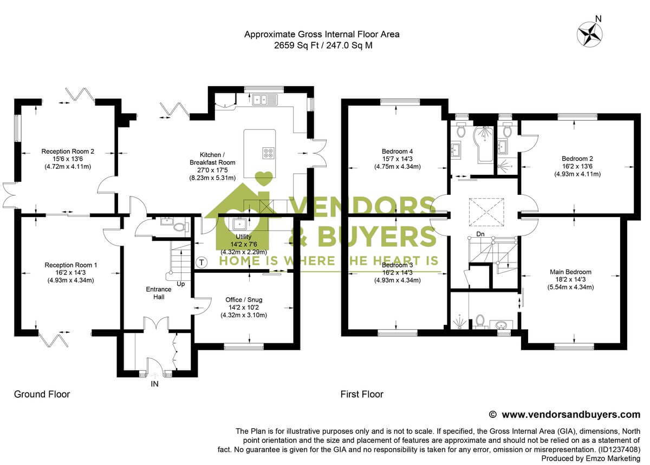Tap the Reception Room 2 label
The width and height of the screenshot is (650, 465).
tap(68, 159)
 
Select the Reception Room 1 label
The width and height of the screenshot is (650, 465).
tap(71, 272)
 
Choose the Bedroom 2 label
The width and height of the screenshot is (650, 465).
tap(577, 166)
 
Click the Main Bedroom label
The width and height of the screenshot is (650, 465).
tap(570, 279)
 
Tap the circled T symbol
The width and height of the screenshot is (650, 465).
tap(202, 263)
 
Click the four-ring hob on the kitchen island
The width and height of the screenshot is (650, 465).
tap(268, 153)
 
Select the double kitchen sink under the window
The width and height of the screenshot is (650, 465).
tap(265, 99)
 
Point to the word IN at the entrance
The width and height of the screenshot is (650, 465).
tap(155, 384)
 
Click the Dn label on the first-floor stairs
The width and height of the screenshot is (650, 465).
tap(480, 234)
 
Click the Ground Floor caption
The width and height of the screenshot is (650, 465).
tap(42, 394)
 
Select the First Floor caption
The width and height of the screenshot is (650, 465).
tap(361, 394)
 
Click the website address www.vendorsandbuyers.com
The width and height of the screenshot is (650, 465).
tap(571, 415)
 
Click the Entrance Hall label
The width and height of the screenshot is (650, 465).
tap(158, 293)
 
